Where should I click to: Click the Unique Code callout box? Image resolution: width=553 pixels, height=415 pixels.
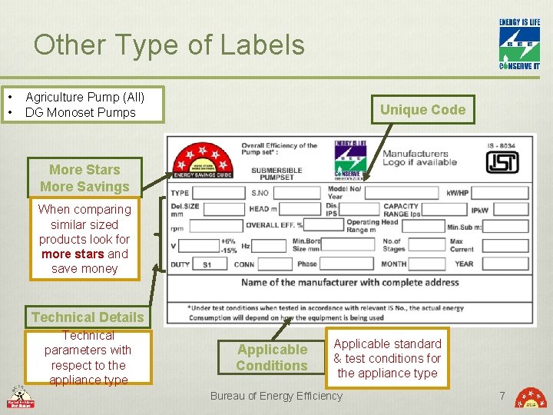[x=422, y=110]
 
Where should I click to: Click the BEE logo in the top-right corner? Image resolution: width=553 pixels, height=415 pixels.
[x=520, y=44]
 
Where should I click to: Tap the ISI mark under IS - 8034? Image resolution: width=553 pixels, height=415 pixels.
[x=502, y=162]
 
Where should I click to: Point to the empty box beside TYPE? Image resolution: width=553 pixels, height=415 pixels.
[x=217, y=193]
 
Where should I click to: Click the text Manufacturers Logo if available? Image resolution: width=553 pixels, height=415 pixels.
[x=419, y=158]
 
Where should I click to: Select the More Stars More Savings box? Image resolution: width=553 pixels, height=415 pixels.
[x=84, y=178]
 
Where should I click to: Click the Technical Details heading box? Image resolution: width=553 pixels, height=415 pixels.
[x=88, y=317]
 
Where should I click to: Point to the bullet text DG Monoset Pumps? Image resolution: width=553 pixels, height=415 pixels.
[x=80, y=112]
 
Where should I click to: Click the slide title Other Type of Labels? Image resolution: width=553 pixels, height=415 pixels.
[x=169, y=45]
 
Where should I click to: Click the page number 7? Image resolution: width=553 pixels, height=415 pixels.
[x=502, y=396]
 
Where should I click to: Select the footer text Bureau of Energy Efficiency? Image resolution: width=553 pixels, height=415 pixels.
[x=276, y=396]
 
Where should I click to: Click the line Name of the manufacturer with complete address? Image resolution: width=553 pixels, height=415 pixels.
[x=349, y=283]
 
